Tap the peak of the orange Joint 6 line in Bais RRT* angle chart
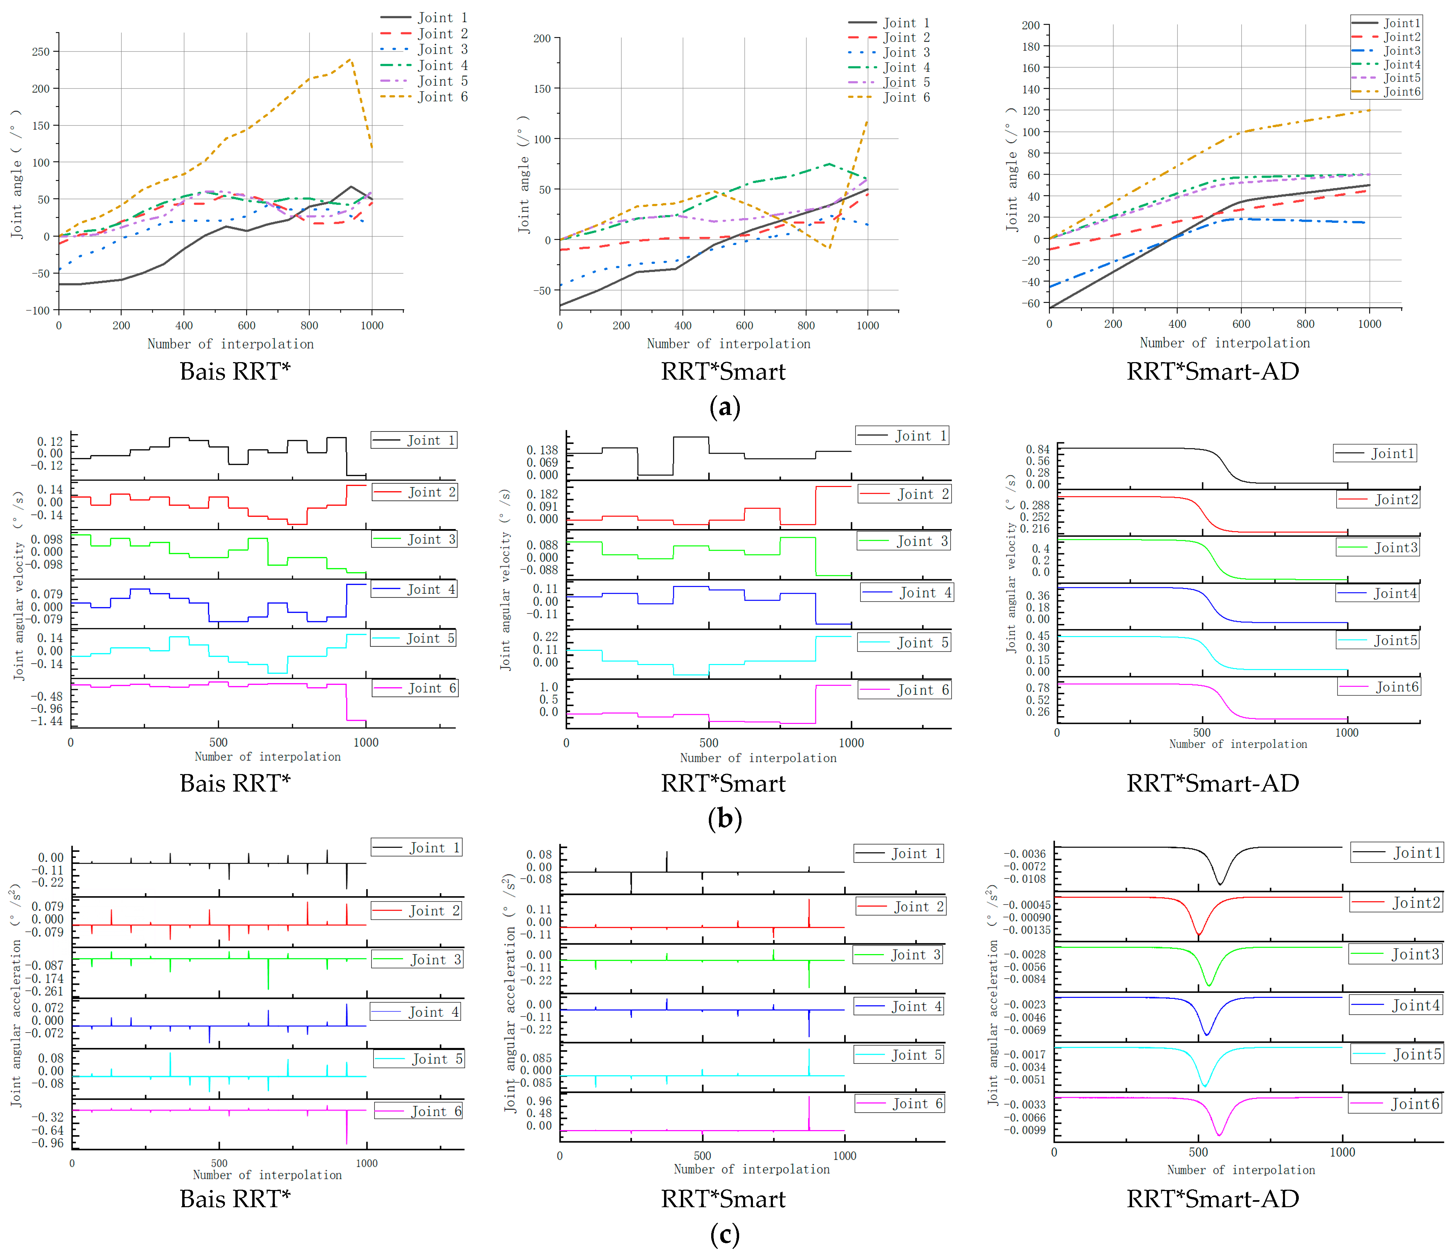coord(350,60)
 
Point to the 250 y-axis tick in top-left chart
coord(41,52)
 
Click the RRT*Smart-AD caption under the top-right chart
coord(1213,371)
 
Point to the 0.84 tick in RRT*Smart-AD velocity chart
coord(1037,449)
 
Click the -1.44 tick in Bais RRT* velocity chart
coord(46,721)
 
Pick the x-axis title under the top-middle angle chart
coord(728,344)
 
